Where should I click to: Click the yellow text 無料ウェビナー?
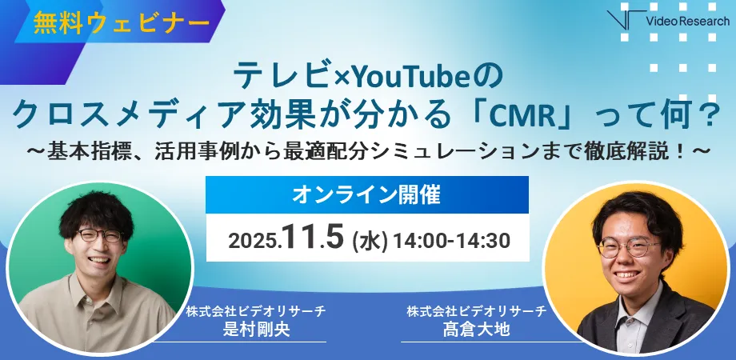pyautogui.click(x=121, y=22)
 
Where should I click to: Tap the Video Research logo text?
pyautogui.click(x=687, y=21)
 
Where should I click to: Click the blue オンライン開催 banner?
pyautogui.click(x=367, y=194)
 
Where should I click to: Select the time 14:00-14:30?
pyautogui.click(x=451, y=240)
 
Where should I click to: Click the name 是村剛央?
pyautogui.click(x=256, y=329)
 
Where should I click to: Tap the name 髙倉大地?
pyautogui.click(x=476, y=329)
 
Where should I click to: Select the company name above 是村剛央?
pyautogui.click(x=256, y=310)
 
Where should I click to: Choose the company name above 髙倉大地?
pyautogui.click(x=477, y=310)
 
